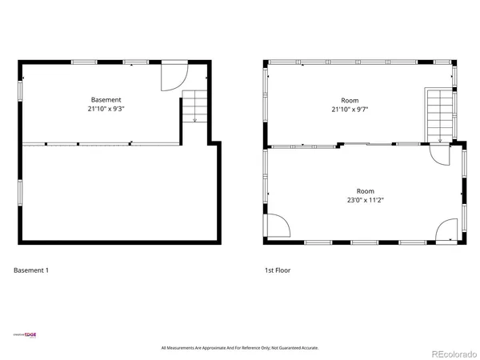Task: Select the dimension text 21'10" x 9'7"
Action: pyautogui.click(x=354, y=110)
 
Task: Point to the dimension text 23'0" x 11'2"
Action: pyautogui.click(x=366, y=201)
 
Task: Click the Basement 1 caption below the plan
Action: pyautogui.click(x=31, y=270)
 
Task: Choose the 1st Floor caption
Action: pyautogui.click(x=278, y=270)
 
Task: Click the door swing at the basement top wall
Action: pyautogui.click(x=173, y=77)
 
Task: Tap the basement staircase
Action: pyautogui.click(x=194, y=106)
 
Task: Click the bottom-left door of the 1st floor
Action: pyautogui.click(x=276, y=227)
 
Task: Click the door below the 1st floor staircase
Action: pyautogui.click(x=440, y=154)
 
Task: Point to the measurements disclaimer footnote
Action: pyautogui.click(x=240, y=348)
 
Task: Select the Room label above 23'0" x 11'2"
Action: pyautogui.click(x=366, y=191)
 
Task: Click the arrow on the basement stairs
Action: pyautogui.click(x=194, y=119)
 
